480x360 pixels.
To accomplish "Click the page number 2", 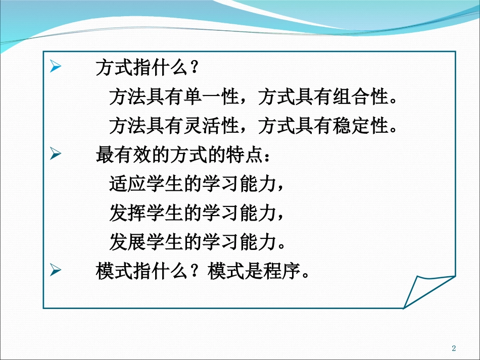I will [x=454, y=348].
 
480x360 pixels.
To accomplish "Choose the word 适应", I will [x=128, y=185].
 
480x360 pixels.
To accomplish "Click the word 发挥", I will [x=128, y=214].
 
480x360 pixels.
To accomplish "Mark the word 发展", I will [x=128, y=243].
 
